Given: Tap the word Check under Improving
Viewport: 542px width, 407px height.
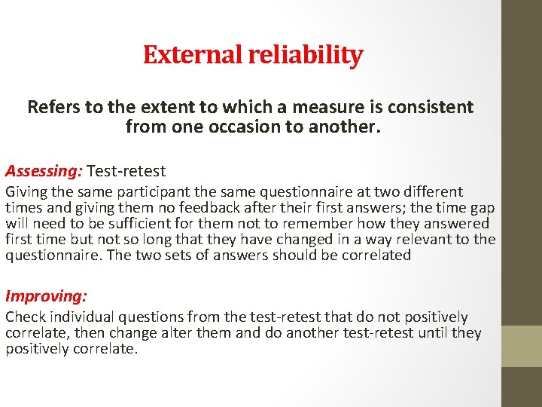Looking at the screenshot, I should pyautogui.click(x=25, y=317).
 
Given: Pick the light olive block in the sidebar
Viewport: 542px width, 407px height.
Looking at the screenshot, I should pyautogui.click(x=522, y=345).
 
